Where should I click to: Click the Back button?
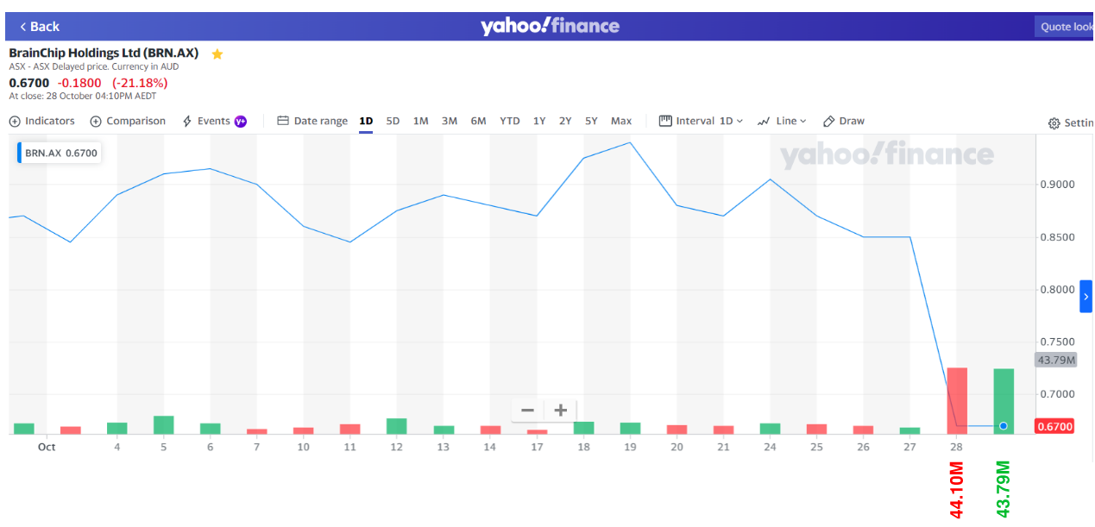coord(39,27)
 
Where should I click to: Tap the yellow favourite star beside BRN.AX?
coord(217,54)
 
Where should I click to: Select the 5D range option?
coord(393,122)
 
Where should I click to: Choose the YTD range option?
coord(510,122)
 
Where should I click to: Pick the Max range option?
coord(621,122)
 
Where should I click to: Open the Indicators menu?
coord(42,122)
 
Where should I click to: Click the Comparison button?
coord(128,122)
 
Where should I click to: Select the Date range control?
coord(312,122)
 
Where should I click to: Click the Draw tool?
coord(844,122)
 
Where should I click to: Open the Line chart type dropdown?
coord(782,122)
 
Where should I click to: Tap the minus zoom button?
coord(528,411)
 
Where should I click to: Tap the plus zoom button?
coord(561,411)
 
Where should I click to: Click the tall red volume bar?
coord(957,400)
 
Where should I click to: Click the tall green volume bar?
coord(1004,400)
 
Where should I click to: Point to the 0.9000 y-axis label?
coord(1058,185)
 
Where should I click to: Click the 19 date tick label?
coord(631,447)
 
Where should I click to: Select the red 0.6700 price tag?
coord(1054,427)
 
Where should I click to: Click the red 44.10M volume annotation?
coord(957,490)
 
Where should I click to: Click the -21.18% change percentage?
coord(140,83)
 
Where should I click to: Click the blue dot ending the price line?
coord(1004,426)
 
